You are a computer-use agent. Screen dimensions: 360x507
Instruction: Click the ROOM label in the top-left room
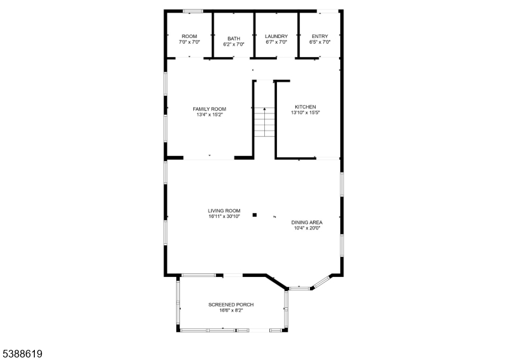(x=189, y=36)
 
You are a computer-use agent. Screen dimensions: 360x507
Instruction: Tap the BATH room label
(x=234, y=39)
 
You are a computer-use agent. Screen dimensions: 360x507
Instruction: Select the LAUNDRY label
(x=276, y=36)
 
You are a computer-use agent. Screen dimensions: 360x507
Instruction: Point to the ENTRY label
(x=319, y=36)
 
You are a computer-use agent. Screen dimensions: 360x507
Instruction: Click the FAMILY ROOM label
(x=209, y=109)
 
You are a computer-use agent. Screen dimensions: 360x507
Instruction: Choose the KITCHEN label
(x=305, y=106)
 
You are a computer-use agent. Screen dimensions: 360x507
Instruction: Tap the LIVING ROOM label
(x=224, y=210)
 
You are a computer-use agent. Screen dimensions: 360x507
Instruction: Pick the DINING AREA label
(x=307, y=222)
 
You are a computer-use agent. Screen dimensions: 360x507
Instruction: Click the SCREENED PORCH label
(x=231, y=305)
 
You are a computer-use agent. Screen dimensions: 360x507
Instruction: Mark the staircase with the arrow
(x=264, y=122)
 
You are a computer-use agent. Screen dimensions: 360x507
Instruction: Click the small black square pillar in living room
(x=255, y=215)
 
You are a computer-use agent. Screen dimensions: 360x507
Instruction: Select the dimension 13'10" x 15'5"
(x=305, y=113)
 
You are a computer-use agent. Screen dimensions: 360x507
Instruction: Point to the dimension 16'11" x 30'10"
(x=224, y=216)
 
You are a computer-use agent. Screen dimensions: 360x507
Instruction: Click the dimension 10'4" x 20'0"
(x=307, y=228)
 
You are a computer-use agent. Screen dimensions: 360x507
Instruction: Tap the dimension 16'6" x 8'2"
(x=231, y=311)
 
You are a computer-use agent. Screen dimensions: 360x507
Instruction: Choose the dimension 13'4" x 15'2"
(x=209, y=115)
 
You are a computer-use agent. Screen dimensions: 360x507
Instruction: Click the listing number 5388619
(x=23, y=353)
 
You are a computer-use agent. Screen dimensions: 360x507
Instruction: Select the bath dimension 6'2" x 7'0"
(x=234, y=44)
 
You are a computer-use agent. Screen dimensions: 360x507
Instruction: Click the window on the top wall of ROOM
(x=193, y=11)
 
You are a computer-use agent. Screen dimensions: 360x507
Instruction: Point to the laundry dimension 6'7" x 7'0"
(x=276, y=42)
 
